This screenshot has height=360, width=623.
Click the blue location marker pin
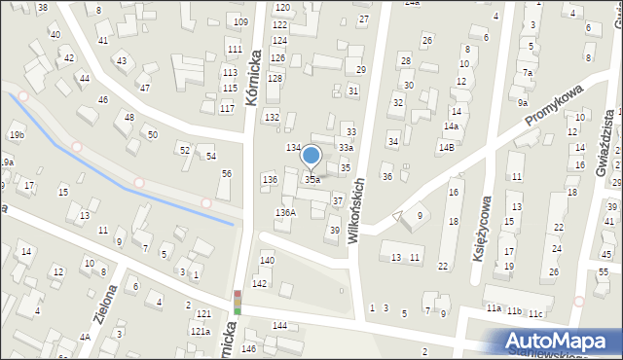tap(311, 157)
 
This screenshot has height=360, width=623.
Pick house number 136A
tap(285, 212)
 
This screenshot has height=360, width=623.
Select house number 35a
tap(312, 180)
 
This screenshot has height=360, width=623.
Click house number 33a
tap(346, 147)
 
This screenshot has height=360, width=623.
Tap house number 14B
tap(446, 147)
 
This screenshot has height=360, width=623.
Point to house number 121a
tap(200, 331)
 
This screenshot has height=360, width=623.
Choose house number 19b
tap(16, 134)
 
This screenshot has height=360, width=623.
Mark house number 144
tap(279, 325)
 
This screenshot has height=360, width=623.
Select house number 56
tap(226, 173)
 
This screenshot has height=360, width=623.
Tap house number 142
tap(260, 283)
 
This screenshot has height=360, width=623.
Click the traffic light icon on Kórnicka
tap(237, 304)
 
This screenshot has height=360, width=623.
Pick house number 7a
tap(527, 73)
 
